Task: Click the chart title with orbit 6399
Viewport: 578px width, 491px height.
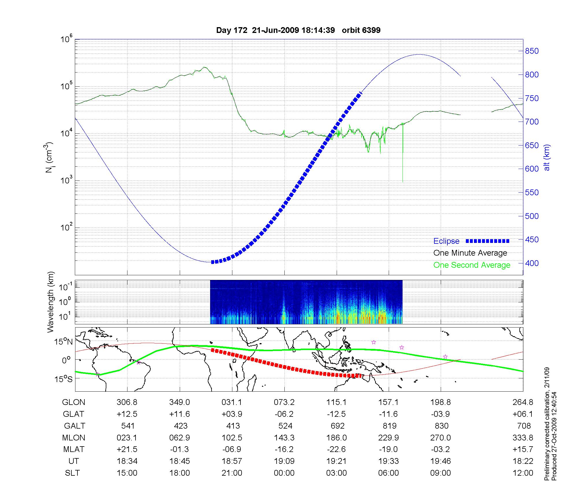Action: click(x=298, y=30)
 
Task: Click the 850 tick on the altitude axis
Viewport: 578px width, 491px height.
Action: click(x=532, y=51)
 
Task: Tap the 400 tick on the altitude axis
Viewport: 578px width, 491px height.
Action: click(x=532, y=263)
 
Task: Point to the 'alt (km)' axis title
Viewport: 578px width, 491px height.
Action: click(x=547, y=157)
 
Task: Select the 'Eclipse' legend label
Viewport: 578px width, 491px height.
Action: click(x=446, y=241)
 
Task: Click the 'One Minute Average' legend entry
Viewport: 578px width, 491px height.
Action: click(x=470, y=253)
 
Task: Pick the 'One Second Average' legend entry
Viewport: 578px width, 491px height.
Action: click(x=472, y=265)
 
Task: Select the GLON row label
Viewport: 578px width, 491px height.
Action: click(x=73, y=402)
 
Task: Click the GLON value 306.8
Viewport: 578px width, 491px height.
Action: click(x=127, y=402)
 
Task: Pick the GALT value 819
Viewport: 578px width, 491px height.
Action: click(x=389, y=426)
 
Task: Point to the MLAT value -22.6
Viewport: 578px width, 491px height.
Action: click(x=336, y=449)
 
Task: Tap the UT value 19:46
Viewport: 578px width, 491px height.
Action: click(x=440, y=461)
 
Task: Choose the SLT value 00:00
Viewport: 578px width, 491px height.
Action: click(x=284, y=473)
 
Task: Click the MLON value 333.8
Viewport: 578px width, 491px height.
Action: click(x=523, y=438)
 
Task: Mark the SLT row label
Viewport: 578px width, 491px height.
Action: click(x=72, y=473)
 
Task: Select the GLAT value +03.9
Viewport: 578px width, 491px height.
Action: click(x=232, y=414)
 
